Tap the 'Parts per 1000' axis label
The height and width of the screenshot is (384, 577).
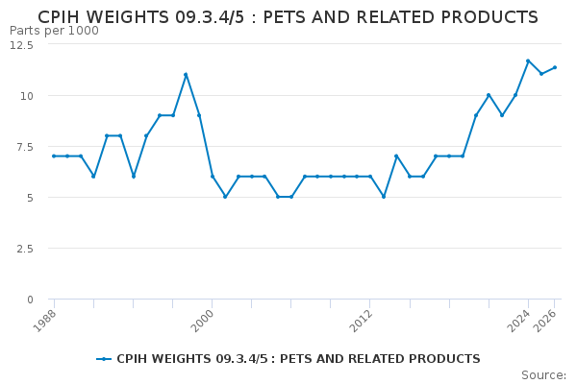point(54,31)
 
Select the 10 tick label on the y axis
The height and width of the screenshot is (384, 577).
point(26,96)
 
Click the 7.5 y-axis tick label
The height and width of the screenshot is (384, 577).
point(23,147)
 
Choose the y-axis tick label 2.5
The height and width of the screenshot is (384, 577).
point(23,249)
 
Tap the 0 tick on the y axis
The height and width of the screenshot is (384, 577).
point(30,300)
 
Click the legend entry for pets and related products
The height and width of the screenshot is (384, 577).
point(288,359)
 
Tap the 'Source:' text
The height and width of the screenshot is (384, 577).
point(543,375)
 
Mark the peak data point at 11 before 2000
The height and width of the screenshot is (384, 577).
point(186,75)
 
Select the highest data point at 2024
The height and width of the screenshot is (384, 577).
point(528,61)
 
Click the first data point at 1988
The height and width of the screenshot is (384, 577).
point(54,156)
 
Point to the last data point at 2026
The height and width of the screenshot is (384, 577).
point(555,67)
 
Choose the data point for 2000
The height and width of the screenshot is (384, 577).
point(212,177)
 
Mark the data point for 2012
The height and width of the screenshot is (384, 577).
point(370,177)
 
